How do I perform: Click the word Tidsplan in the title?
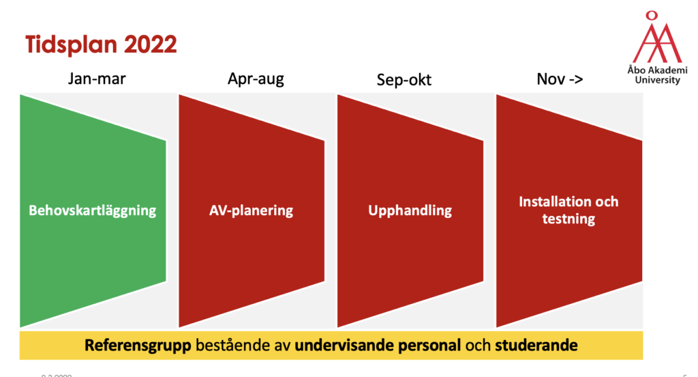click(71, 44)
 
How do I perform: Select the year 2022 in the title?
click(151, 44)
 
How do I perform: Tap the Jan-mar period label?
click(97, 79)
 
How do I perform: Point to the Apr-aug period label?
click(256, 79)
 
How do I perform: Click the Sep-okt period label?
click(404, 80)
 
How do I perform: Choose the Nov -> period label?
click(560, 79)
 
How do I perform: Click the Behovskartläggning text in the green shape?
click(92, 210)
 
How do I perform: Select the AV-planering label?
click(251, 210)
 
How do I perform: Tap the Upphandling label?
click(410, 210)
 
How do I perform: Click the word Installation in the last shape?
click(550, 201)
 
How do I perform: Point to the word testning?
click(568, 219)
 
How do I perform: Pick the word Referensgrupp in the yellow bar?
click(138, 346)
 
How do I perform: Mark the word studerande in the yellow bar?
click(536, 345)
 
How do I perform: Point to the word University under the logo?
click(658, 81)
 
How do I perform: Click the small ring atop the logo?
click(652, 16)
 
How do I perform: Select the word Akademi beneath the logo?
click(668, 70)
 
